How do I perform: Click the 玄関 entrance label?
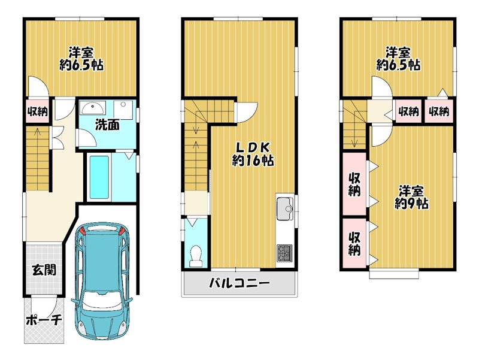[44, 270]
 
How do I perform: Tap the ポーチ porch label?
[44, 320]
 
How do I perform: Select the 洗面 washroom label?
[107, 125]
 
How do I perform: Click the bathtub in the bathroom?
[99, 177]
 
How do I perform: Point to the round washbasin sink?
[93, 108]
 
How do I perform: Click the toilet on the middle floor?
[196, 256]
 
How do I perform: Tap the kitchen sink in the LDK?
[284, 209]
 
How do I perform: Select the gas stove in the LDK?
[285, 253]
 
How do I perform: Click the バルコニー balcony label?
[239, 283]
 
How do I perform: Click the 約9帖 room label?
[411, 203]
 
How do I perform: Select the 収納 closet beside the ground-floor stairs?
[38, 111]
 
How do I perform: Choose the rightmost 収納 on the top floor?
[439, 111]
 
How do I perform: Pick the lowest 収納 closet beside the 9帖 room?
[354, 244]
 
